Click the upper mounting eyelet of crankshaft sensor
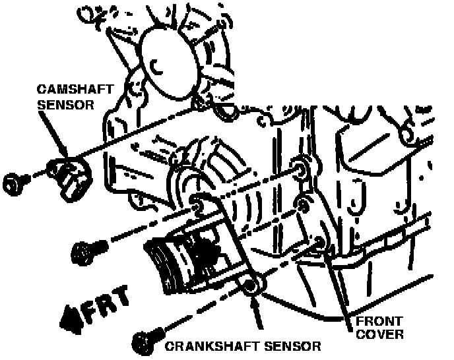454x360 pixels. pos(197,202)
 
